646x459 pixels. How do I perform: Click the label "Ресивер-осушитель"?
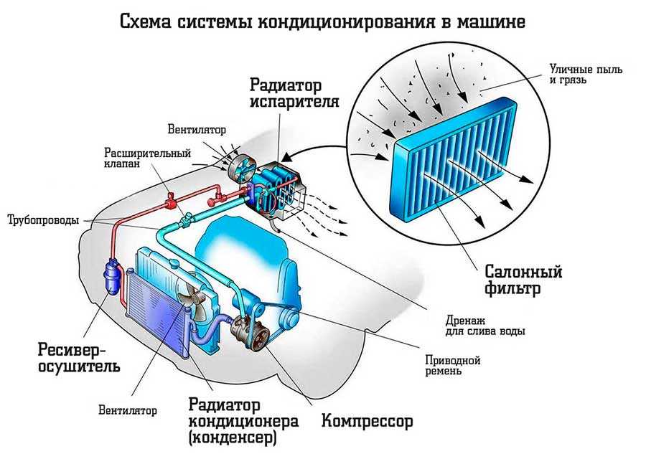pos(69,358)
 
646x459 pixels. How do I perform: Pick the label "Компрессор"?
pos(368,419)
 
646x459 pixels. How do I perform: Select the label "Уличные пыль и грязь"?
pos(586,75)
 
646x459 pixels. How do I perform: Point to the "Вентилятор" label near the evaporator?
pos(197,130)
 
